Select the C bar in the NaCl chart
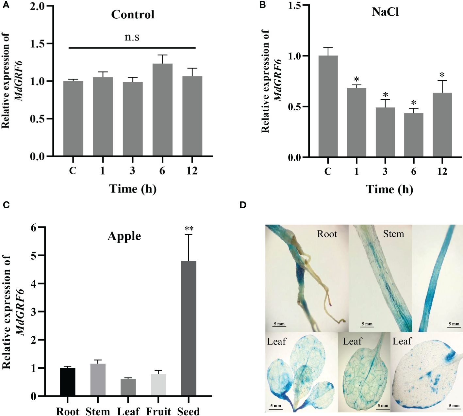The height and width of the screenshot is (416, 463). coord(328,106)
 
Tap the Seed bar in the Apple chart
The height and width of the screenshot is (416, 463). coord(189,328)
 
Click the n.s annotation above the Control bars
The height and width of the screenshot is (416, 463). coord(132,37)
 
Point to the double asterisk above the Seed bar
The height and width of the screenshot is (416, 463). coord(189,229)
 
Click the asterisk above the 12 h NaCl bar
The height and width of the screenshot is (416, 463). coord(442,75)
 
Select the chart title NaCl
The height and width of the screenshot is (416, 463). coord(385,12)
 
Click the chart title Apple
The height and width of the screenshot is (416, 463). coord(124,236)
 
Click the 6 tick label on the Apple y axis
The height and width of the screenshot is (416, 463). coord(33,228)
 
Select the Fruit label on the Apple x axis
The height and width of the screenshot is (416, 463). coord(158,411)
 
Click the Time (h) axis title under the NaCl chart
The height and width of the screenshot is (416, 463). coord(389,189)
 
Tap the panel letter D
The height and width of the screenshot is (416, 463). coord(243,205)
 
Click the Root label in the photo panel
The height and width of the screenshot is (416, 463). coord(327,234)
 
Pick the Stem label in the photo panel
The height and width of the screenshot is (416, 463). coord(393,234)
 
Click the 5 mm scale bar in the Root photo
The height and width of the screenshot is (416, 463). coord(279,324)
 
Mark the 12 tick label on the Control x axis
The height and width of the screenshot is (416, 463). coord(192,170)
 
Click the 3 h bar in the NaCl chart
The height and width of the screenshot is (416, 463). coord(385,132)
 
